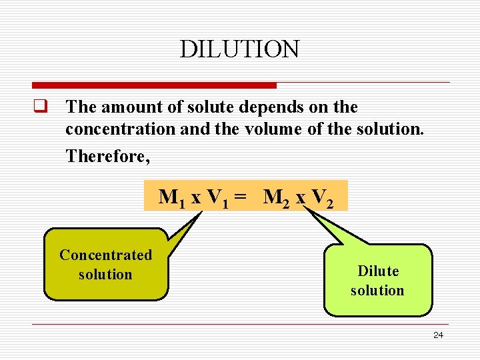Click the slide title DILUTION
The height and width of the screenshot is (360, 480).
pos(239,49)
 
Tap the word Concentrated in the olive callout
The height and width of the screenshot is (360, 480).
pos(105,255)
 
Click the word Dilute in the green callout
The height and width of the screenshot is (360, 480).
pos(377,271)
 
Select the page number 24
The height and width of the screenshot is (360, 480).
pos(438,335)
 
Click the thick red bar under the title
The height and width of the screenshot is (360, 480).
pos(154,85)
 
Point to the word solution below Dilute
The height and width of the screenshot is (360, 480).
pos(377,291)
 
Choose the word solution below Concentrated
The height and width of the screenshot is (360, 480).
pos(105,275)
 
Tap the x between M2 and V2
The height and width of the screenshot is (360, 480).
pos(301,198)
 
